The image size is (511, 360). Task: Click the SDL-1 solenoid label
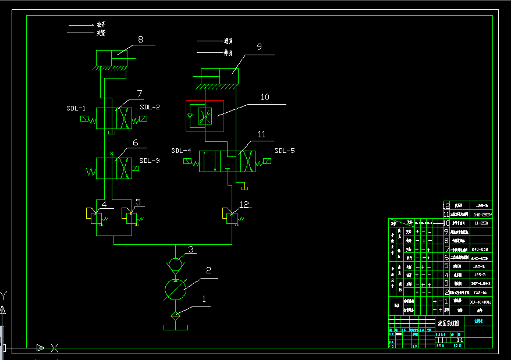point(76,108)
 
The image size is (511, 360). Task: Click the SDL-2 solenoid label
point(150,108)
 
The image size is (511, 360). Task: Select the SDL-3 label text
point(150,161)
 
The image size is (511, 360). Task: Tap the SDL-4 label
point(181,151)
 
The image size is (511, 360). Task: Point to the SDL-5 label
point(285,151)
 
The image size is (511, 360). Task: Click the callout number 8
point(140,40)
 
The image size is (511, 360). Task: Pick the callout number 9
point(259,47)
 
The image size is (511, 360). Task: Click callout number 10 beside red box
point(265,97)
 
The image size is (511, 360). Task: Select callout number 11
point(262,134)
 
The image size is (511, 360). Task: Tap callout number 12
point(244,204)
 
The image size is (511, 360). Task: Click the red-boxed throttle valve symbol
point(205,116)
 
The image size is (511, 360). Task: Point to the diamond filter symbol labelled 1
point(175,316)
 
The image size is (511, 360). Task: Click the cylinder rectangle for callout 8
point(112,58)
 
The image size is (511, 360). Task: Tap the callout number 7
point(140,93)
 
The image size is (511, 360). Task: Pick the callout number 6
point(135,142)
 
